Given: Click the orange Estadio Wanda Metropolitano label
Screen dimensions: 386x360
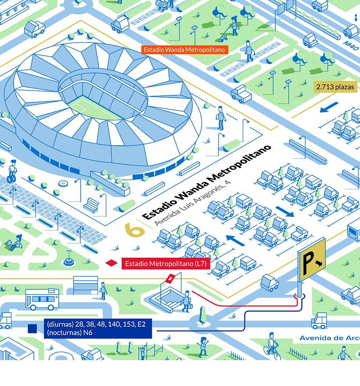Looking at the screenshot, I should (184, 50).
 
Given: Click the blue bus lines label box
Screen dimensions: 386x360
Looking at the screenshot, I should (97, 328).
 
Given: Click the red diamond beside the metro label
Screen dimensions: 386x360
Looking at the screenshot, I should (112, 263).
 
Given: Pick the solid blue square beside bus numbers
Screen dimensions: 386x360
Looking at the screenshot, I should (32, 328).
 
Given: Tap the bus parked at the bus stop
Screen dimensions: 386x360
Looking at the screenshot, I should (42, 299).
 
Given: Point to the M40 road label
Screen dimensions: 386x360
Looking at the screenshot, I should (349, 44).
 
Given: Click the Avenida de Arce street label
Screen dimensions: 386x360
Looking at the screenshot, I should (329, 338).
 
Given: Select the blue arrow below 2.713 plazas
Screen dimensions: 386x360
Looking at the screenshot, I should (329, 107).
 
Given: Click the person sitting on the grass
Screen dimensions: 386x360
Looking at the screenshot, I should (17, 242).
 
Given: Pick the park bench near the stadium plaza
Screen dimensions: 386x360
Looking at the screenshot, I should (92, 205).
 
